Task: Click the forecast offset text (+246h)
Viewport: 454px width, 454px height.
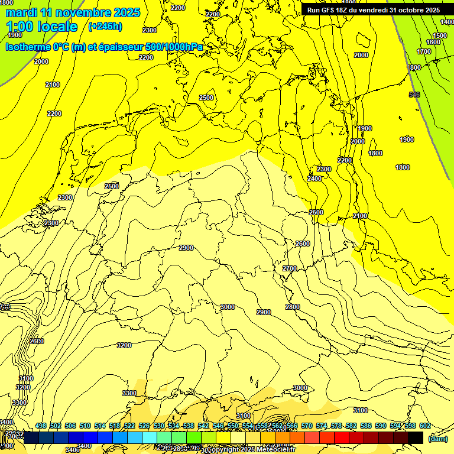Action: point(105,27)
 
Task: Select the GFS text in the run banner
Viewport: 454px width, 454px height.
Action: point(330,10)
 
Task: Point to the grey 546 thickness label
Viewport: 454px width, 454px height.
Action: point(414,95)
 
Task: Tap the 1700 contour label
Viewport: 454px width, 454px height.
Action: point(424,51)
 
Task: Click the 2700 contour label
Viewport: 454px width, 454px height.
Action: point(290,268)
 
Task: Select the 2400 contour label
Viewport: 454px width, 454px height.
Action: point(314,179)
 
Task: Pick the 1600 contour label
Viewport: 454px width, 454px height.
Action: point(434,42)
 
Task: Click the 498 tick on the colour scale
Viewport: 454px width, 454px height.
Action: point(41,426)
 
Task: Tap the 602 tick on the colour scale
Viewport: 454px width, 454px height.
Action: point(425,426)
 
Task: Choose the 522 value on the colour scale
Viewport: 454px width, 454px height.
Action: point(129,426)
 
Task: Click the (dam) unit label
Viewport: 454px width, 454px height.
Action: point(437,439)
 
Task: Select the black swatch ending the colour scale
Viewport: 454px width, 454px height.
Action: point(416,437)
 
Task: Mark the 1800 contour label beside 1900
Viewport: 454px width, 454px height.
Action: point(375,153)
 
